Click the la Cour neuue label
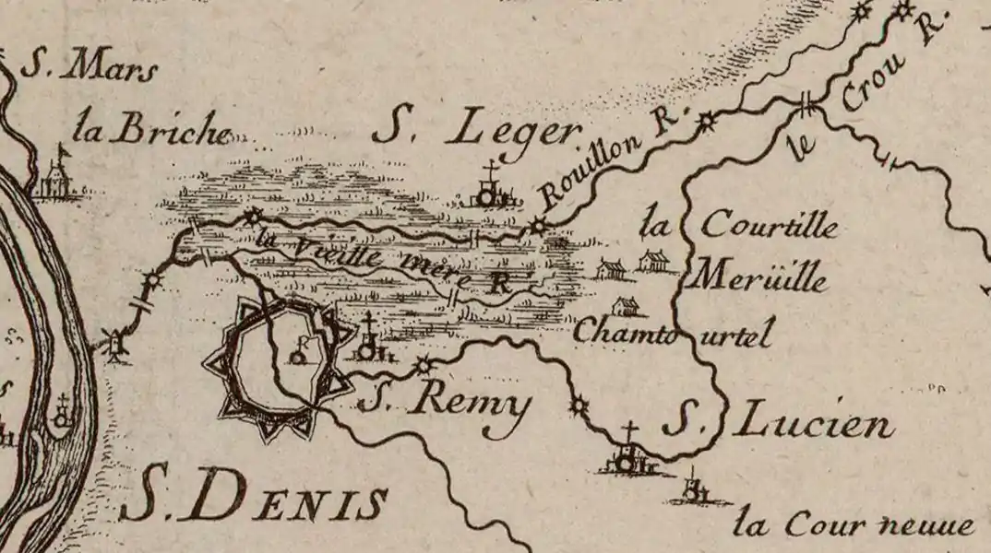(x=854, y=526)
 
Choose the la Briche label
(x=152, y=131)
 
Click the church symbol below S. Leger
(x=488, y=190)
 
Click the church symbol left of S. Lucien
(x=627, y=455)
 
